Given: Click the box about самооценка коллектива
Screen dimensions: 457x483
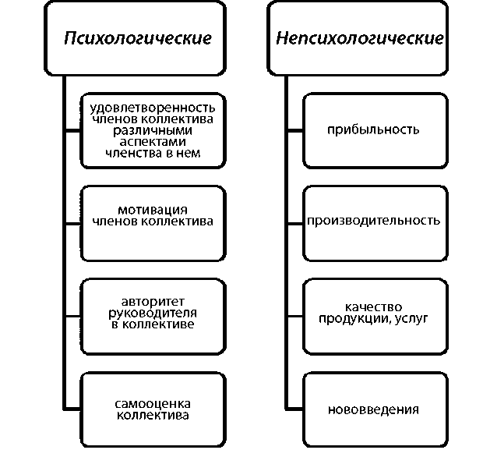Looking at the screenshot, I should tap(152, 409).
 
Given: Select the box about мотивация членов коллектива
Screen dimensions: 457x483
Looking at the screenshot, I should tap(152, 215).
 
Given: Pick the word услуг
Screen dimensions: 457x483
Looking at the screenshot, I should tap(412, 318).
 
